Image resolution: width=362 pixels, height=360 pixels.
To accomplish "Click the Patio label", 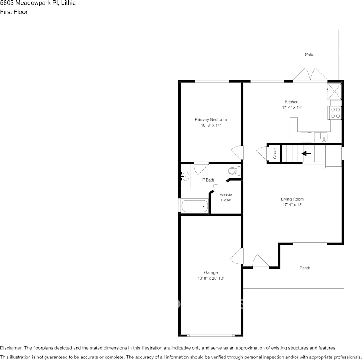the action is click(x=309, y=54).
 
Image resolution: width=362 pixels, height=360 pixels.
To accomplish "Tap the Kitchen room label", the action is click(x=292, y=102).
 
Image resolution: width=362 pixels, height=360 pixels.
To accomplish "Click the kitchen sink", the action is click(x=321, y=137).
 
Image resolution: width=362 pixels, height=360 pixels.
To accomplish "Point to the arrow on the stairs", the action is click(x=306, y=153).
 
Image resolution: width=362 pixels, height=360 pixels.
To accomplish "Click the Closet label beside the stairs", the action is click(x=275, y=154).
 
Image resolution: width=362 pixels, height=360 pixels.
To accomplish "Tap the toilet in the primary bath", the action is click(x=235, y=171).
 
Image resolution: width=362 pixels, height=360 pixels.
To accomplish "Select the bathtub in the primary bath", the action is click(x=195, y=206).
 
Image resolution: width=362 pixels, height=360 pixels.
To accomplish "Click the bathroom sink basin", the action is click(x=185, y=177).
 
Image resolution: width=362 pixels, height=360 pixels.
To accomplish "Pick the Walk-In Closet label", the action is click(x=226, y=198).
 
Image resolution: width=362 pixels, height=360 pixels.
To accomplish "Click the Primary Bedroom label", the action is click(x=211, y=119).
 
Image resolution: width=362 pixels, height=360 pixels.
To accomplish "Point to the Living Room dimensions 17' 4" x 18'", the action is click(x=292, y=205).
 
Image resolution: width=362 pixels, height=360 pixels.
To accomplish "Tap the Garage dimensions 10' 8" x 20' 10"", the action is click(x=211, y=278).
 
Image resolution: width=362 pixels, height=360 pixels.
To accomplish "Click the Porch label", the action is click(x=305, y=268).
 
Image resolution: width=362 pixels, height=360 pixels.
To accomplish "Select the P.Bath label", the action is click(x=208, y=180).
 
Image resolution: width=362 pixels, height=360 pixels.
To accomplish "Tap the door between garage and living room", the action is click(x=237, y=256).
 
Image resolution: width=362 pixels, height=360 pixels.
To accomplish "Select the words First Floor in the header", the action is click(x=14, y=12).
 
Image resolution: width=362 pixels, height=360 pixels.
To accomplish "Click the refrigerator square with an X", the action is click(x=335, y=92).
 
